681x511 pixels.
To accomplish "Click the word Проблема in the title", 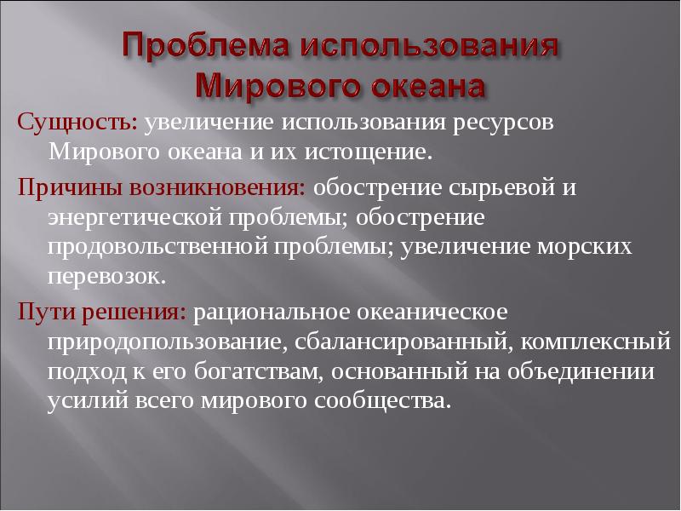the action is (x=205, y=46).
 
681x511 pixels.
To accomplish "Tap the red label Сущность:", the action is (x=77, y=123).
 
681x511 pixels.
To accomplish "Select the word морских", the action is (x=584, y=248).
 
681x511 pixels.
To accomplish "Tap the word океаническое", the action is (x=432, y=313).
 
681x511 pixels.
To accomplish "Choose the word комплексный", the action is (x=595, y=342).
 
